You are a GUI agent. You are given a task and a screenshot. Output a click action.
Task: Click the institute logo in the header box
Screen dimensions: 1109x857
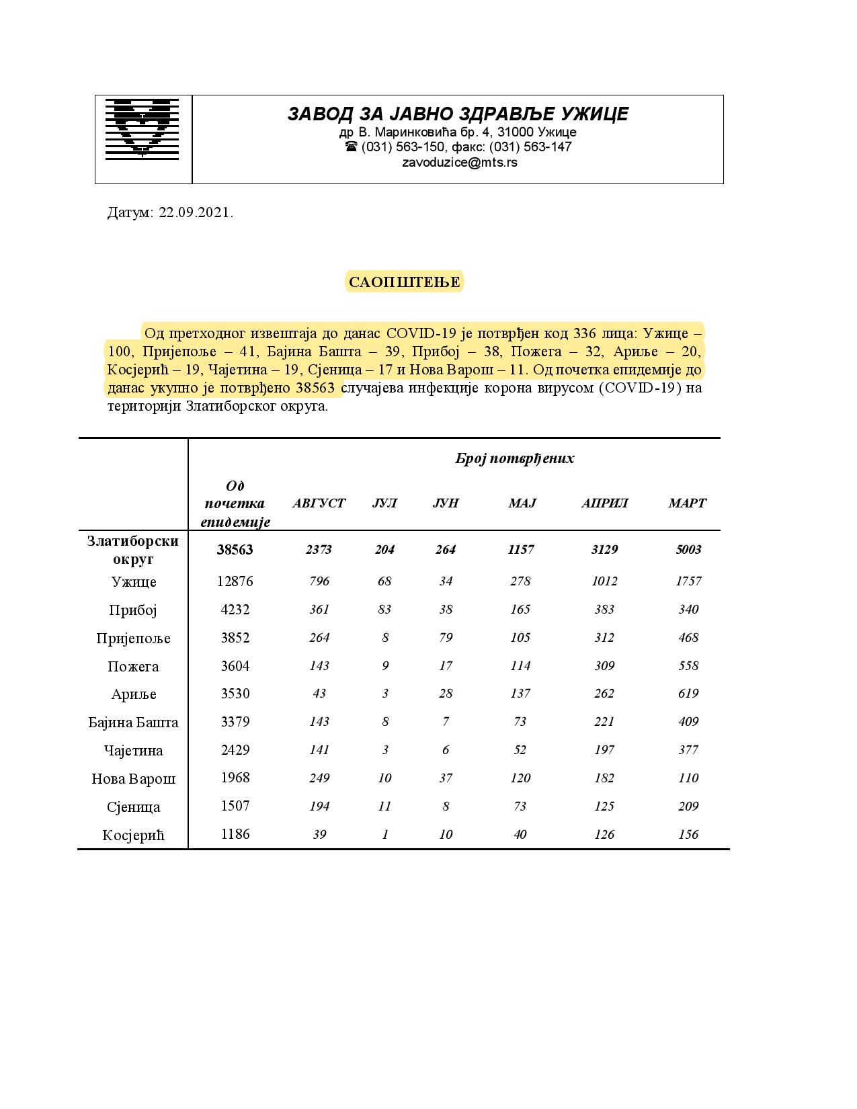point(142,128)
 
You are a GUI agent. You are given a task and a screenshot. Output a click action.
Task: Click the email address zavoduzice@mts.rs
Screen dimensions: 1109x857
point(459,163)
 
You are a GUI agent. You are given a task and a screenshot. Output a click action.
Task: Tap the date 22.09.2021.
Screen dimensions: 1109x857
point(196,213)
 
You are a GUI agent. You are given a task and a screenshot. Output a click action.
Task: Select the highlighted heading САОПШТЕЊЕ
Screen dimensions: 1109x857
point(405,282)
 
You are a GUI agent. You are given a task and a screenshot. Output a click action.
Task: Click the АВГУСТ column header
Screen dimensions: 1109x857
point(319,503)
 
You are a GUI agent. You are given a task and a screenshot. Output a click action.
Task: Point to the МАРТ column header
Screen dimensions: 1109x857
point(687,503)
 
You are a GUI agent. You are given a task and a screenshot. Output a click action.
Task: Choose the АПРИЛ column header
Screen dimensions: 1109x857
point(604,503)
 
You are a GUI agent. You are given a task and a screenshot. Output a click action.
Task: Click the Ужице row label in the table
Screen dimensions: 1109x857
point(134,582)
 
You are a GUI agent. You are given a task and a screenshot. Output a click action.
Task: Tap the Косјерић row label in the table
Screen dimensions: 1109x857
point(134,835)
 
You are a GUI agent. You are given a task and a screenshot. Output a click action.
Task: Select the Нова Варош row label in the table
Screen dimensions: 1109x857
point(134,779)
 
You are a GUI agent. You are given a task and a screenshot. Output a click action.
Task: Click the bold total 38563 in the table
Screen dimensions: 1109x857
point(235,550)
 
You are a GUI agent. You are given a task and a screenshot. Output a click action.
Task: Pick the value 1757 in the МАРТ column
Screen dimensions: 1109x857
point(688,581)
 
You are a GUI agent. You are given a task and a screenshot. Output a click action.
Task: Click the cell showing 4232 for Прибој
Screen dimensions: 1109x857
point(235,610)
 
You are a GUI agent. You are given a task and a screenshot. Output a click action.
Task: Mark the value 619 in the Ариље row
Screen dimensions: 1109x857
point(688,694)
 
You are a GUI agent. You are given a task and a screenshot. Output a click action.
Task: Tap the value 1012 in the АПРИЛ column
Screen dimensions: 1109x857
point(604,581)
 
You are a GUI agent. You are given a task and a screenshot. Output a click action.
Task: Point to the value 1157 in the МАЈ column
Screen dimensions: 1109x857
point(521,550)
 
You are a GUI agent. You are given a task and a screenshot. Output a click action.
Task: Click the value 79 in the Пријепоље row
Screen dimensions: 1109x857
point(446,638)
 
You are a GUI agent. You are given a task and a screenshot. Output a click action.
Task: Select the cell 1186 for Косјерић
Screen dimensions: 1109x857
point(235,835)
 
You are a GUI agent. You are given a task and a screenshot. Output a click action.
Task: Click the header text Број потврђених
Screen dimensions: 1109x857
point(515,459)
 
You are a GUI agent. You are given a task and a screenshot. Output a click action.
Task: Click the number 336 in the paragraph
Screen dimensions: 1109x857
point(585,333)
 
